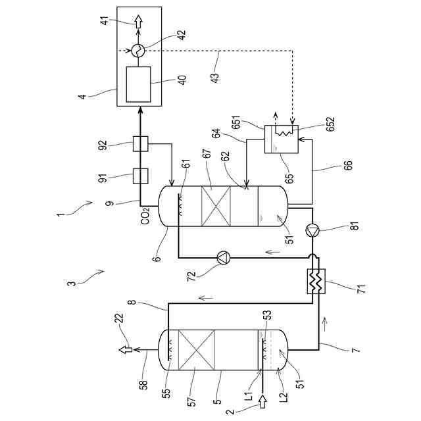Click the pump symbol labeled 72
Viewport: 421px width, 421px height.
click(223, 257)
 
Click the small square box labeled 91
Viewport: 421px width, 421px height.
click(139, 176)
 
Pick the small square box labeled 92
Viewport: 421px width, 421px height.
click(139, 142)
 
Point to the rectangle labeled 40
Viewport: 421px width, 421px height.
click(138, 84)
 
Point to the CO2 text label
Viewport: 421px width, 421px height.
click(145, 215)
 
